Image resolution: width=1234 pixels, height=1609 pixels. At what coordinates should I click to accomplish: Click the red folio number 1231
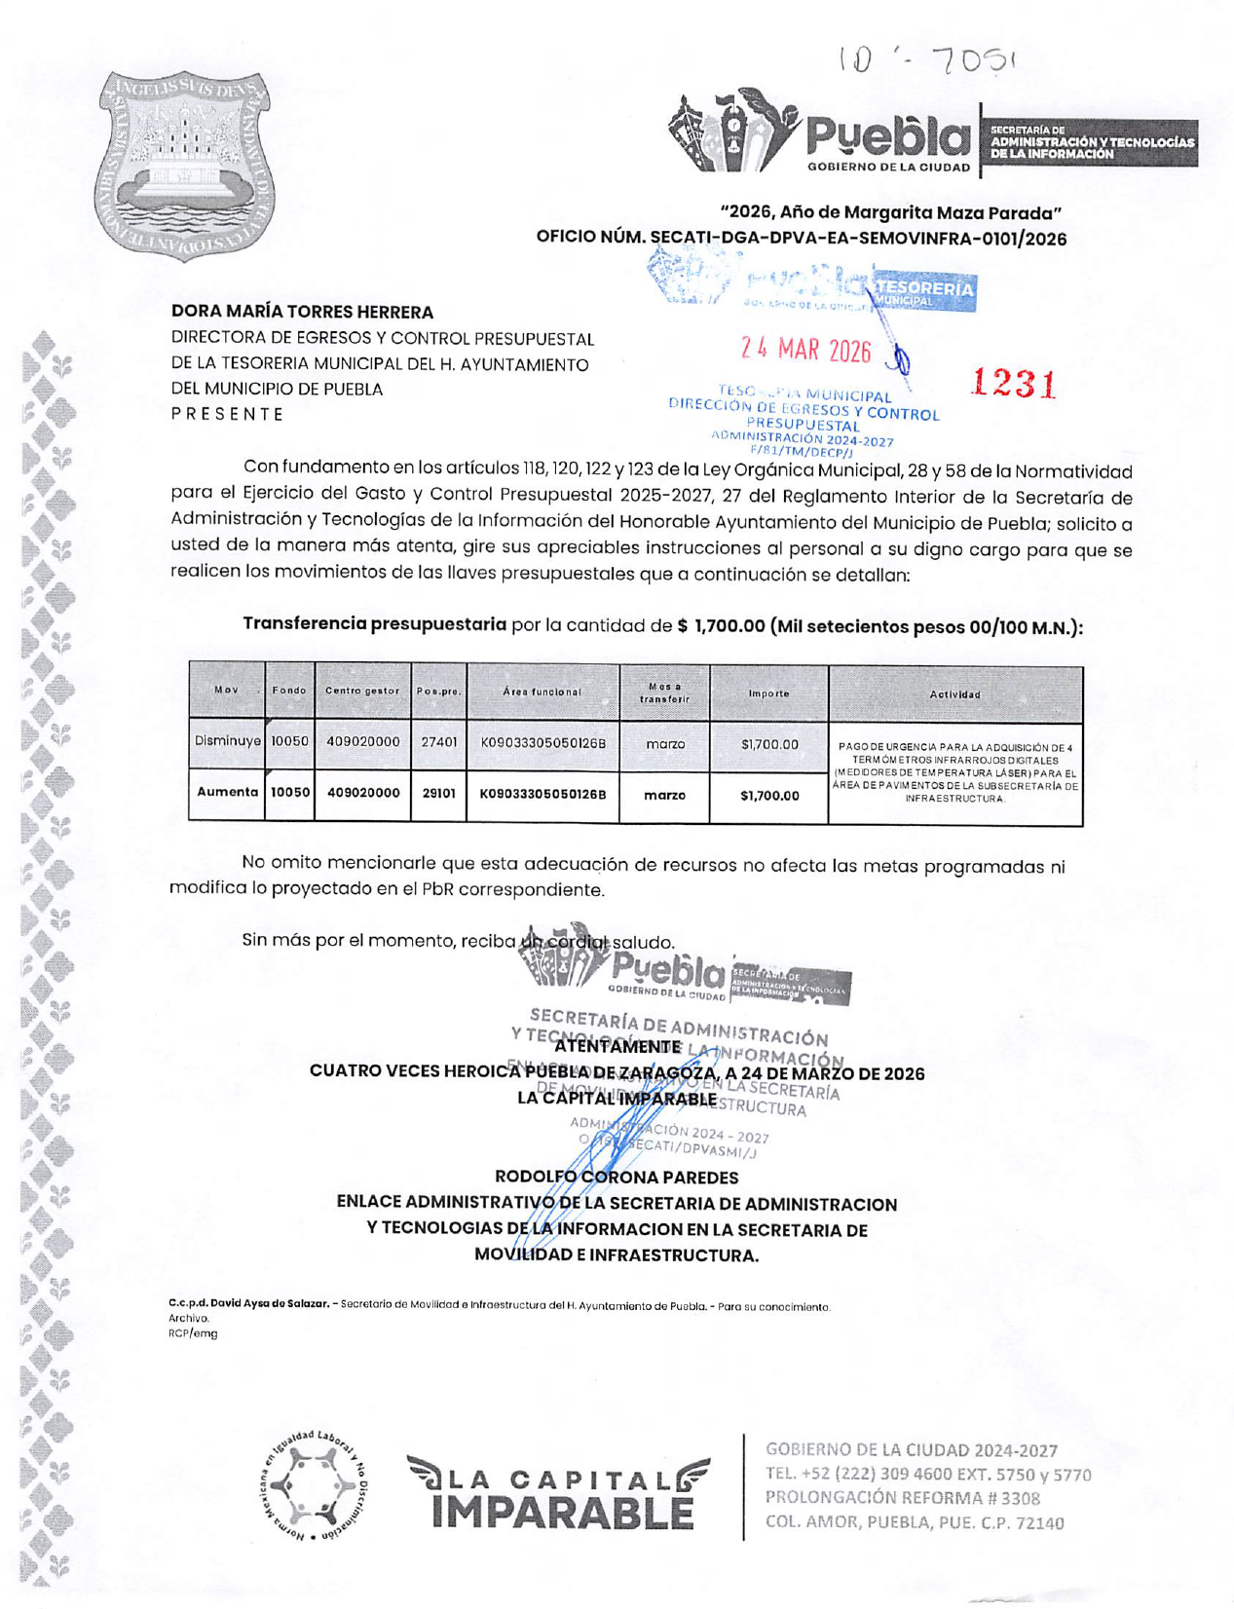pos(1013,383)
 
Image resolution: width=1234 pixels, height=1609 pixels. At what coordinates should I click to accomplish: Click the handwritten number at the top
pos(926,61)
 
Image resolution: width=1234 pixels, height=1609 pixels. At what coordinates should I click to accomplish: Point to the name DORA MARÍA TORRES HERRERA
pos(302,313)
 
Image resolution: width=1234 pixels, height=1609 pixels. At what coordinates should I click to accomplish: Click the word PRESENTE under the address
pos(227,414)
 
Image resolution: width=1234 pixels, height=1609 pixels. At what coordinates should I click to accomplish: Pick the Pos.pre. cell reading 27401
pos(438,742)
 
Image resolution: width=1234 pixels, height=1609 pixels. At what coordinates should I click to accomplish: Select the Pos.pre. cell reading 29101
pos(438,794)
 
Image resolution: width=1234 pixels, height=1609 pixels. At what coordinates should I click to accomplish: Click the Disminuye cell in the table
pos(227,741)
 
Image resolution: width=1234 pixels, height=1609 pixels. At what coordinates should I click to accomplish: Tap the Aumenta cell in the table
pos(227,793)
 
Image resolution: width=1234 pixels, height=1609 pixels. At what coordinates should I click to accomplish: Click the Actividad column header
pos(954,694)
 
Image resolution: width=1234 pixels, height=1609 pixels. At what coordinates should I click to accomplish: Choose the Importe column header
pos(768,693)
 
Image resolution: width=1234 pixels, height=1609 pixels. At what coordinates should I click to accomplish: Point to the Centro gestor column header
pos(362,691)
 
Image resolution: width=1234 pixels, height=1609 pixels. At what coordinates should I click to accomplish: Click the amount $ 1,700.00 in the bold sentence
pos(721,626)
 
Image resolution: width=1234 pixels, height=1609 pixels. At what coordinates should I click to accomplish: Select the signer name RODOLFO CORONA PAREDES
pos(617,1178)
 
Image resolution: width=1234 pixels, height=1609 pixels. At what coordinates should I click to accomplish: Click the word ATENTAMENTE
pos(617,1048)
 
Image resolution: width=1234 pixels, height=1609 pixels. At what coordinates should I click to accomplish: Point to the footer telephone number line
pos(927,1475)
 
